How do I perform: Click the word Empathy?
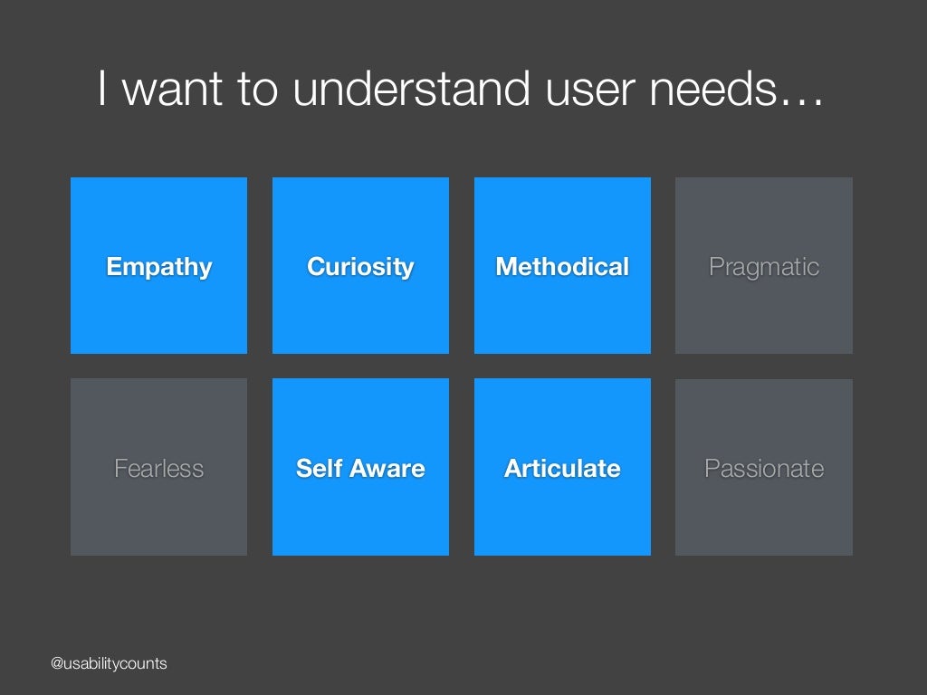[x=158, y=267]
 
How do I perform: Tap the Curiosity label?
[x=360, y=267]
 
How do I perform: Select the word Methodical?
[x=562, y=267]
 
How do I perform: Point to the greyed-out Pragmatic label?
[x=764, y=267]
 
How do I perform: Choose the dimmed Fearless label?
[x=158, y=469]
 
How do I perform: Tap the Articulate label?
[x=562, y=469]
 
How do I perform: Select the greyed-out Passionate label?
[x=764, y=469]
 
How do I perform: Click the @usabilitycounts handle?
[x=109, y=664]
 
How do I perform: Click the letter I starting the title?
[x=103, y=90]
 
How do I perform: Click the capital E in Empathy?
[x=113, y=267]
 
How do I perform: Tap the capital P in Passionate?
[x=712, y=469]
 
